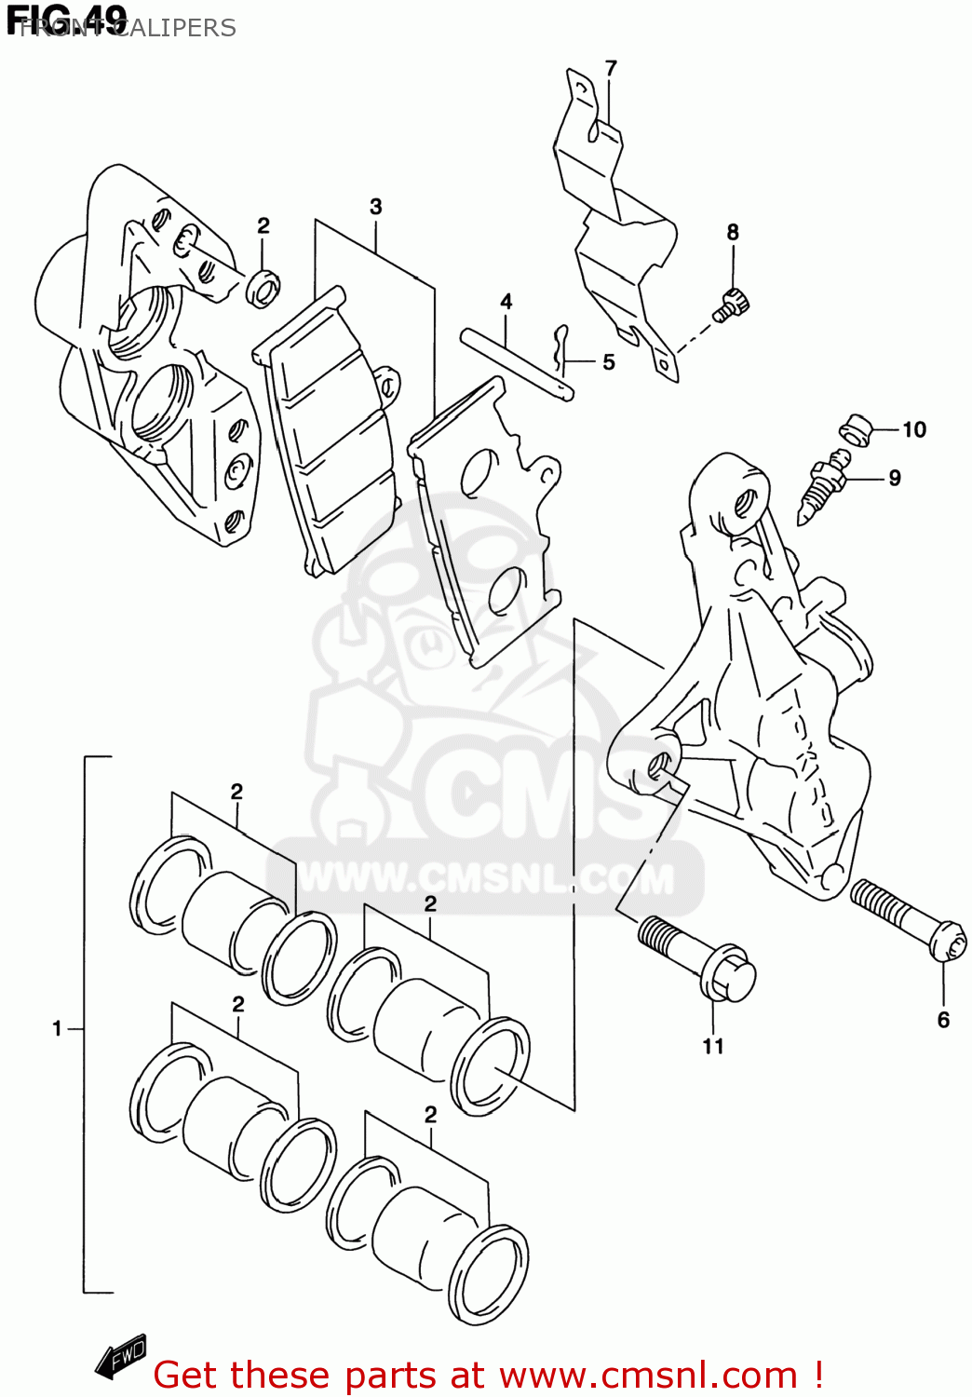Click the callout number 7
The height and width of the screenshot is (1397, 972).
tap(611, 68)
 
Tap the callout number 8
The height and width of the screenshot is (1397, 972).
tap(733, 232)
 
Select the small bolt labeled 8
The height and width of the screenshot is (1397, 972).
tap(732, 305)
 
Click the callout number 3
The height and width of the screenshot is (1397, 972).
tap(375, 207)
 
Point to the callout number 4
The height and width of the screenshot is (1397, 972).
tap(506, 302)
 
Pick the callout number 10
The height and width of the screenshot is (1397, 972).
tap(914, 429)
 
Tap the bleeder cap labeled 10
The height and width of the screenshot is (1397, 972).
tap(856, 429)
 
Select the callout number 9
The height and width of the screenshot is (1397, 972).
tap(895, 478)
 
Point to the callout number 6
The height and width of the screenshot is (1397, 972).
tap(943, 1020)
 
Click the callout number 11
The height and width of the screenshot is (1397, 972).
tap(713, 1046)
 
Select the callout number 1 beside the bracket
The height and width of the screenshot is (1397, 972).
tap(57, 1028)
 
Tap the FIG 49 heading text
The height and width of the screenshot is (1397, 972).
tap(67, 20)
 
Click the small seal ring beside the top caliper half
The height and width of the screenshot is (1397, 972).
tap(263, 288)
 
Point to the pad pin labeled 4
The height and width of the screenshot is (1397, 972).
tap(516, 364)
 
